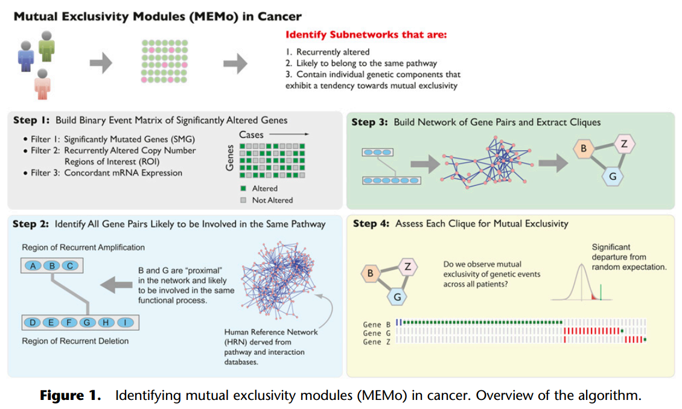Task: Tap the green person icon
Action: point(46,46)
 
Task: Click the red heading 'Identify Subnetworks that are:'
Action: point(366,35)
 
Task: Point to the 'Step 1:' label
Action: point(33,121)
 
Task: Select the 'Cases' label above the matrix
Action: point(251,135)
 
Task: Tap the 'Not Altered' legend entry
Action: point(272,200)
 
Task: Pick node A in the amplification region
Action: point(35,265)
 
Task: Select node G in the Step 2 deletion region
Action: point(87,323)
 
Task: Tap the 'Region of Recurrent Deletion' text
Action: point(75,341)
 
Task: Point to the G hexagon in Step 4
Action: point(397,297)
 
